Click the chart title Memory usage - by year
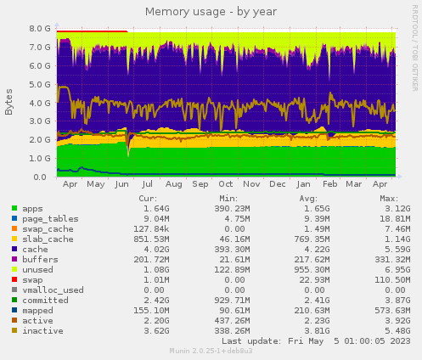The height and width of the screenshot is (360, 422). click(211, 12)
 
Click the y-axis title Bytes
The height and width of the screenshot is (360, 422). click(9, 102)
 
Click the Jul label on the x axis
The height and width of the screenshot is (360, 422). click(148, 183)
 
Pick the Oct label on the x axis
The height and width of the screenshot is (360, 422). click(225, 183)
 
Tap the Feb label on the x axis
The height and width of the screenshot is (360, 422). click(330, 183)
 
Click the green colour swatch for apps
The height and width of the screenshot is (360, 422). click(15, 208)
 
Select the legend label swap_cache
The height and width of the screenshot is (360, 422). click(48, 228)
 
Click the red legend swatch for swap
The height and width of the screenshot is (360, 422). click(15, 279)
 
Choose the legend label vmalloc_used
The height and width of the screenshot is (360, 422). click(53, 290)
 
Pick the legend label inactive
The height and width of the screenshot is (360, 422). click(42, 330)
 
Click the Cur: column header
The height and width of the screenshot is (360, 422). click(147, 198)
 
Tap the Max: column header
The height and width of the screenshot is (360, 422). click(389, 198)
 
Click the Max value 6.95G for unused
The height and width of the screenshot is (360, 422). click(396, 269)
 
